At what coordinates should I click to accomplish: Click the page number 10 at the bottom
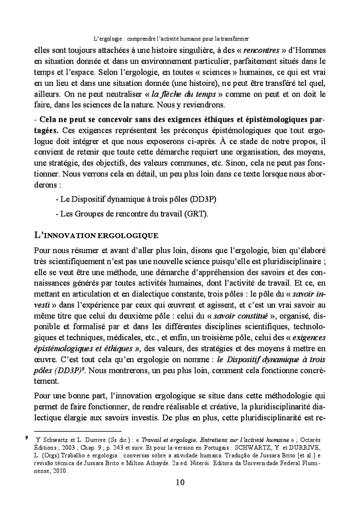click(179, 482)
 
